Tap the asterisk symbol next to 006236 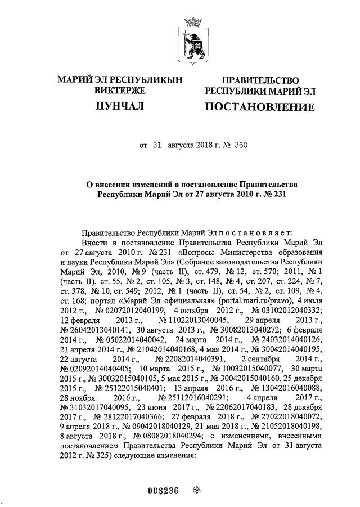(x=197, y=490)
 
